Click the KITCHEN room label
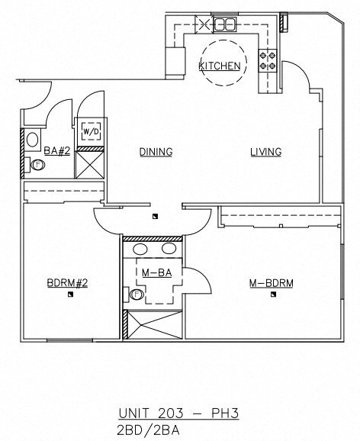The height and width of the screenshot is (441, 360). (220, 66)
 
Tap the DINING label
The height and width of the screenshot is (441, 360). (156, 152)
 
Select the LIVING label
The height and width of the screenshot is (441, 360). (266, 152)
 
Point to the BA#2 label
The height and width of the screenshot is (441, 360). (57, 151)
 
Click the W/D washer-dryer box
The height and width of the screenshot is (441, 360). (92, 131)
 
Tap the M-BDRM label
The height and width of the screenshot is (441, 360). (272, 283)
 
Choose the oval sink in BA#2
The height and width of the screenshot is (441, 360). (33, 140)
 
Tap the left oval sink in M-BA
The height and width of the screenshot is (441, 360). (141, 249)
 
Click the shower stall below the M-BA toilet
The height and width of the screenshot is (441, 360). (153, 325)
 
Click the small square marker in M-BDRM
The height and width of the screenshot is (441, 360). (272, 298)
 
